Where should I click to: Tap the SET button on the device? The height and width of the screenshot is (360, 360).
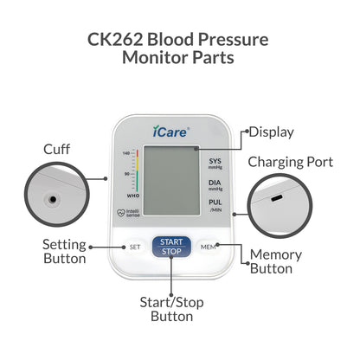tap(134, 247)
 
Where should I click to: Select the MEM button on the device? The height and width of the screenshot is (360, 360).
tap(208, 247)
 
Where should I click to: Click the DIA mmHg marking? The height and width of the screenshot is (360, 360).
tap(215, 185)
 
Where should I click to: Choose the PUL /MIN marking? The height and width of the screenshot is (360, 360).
tap(215, 206)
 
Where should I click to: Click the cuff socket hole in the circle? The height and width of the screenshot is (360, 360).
tap(53, 199)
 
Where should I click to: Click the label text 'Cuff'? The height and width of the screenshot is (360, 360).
tap(57, 149)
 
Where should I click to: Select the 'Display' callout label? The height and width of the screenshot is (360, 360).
tap(271, 132)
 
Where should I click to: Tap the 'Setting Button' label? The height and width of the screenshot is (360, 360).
tap(65, 251)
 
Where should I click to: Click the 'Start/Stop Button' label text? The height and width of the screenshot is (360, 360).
tap(172, 310)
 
